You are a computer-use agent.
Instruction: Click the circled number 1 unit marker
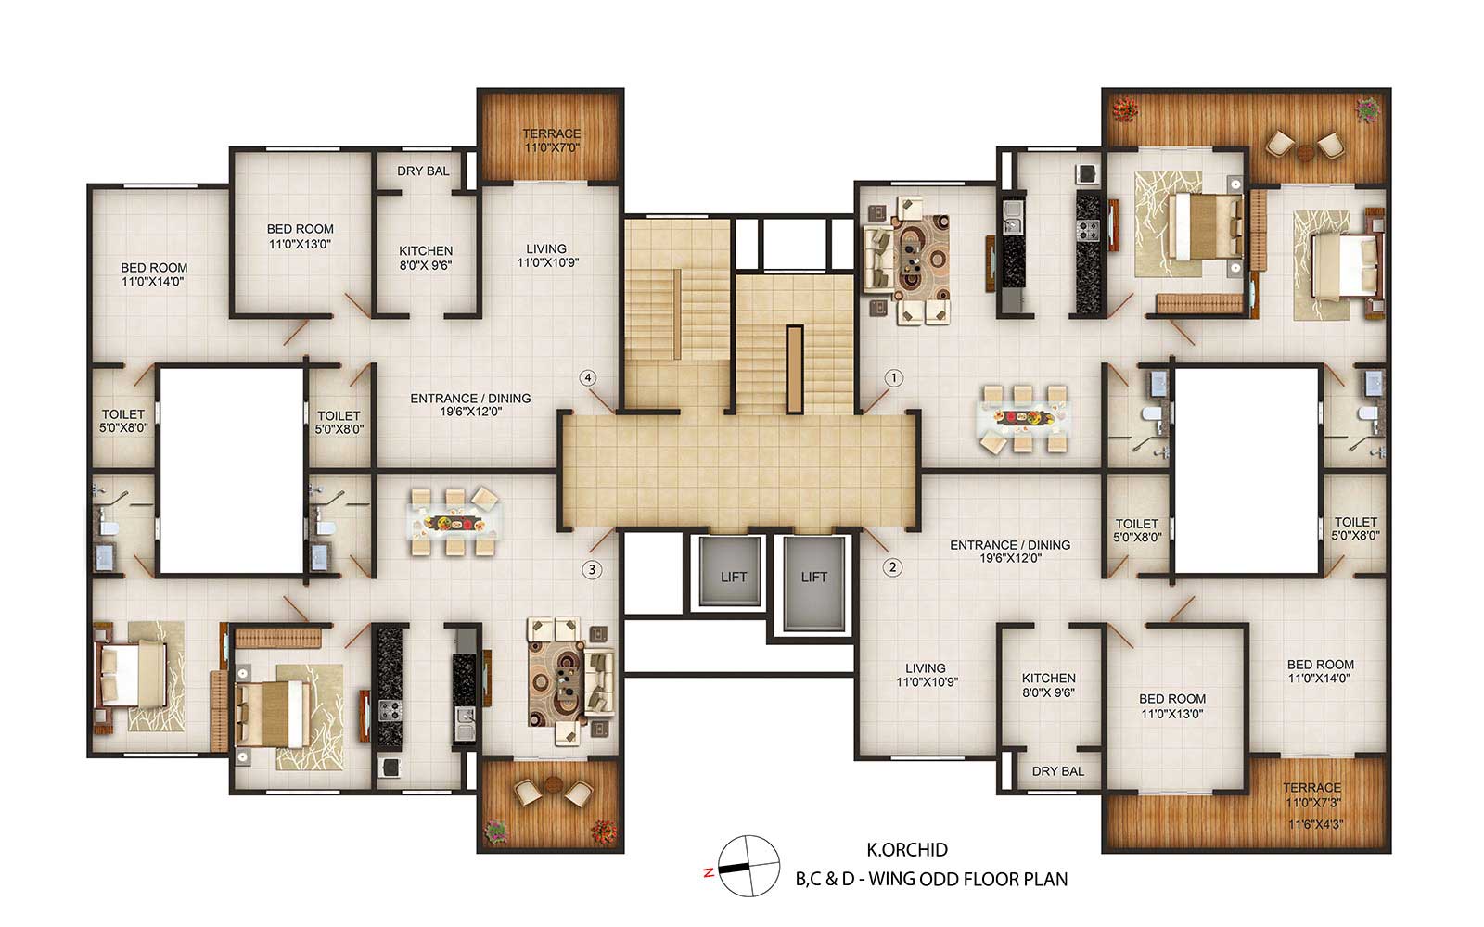coord(894,378)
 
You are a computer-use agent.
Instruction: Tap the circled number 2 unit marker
coord(892,567)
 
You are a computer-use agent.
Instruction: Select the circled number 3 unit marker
coord(592,569)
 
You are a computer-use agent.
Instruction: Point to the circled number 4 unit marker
coord(588,378)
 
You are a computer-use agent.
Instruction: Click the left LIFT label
coord(734,578)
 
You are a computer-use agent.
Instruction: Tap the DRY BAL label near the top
coord(423,171)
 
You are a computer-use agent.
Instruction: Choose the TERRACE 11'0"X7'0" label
coord(552,140)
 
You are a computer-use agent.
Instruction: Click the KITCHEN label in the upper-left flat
coord(426,251)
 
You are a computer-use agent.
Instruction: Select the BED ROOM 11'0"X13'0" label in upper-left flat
coord(301,236)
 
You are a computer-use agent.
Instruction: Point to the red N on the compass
coord(709,872)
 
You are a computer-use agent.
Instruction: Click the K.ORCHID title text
coord(907,849)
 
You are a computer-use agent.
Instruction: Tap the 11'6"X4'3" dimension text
coord(1315,825)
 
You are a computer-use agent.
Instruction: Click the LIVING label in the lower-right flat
coord(926,668)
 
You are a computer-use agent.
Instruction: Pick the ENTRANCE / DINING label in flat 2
coord(1010,545)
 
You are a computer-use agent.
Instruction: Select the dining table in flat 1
coord(1023,418)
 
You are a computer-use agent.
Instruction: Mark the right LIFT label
coord(813,578)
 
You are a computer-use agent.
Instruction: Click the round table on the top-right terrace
coord(1305,153)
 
